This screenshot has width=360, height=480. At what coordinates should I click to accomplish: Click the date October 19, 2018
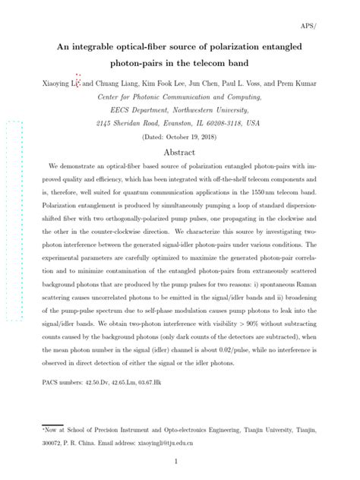point(189,136)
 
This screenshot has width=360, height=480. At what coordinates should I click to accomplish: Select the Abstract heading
point(179,152)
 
